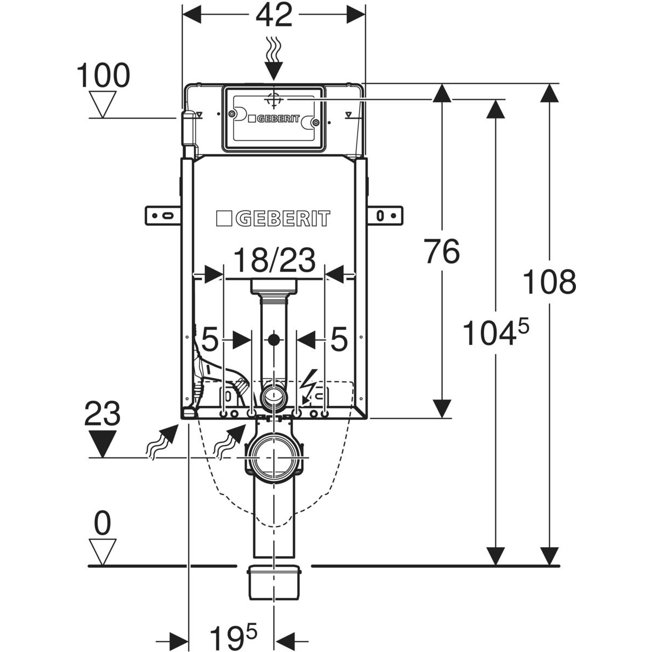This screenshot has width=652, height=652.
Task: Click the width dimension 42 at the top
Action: pyautogui.click(x=273, y=16)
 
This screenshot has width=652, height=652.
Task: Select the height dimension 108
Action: pyautogui.click(x=549, y=283)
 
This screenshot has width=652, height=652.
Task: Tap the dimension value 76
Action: pyautogui.click(x=442, y=252)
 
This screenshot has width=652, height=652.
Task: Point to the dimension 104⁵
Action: pyautogui.click(x=494, y=333)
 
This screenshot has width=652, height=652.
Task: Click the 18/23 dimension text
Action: pyautogui.click(x=274, y=261)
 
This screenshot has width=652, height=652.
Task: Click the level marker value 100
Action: pyautogui.click(x=103, y=76)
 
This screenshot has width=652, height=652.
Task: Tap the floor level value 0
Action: pyautogui.click(x=103, y=524)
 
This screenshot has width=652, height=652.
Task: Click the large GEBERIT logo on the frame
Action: pyautogui.click(x=273, y=219)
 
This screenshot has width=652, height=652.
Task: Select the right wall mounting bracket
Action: pyautogui.click(x=385, y=215)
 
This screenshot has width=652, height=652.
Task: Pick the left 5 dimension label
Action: pyautogui.click(x=210, y=341)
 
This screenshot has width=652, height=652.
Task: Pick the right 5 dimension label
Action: pyautogui.click(x=338, y=341)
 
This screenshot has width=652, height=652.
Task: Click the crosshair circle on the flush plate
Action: pyautogui.click(x=273, y=100)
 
